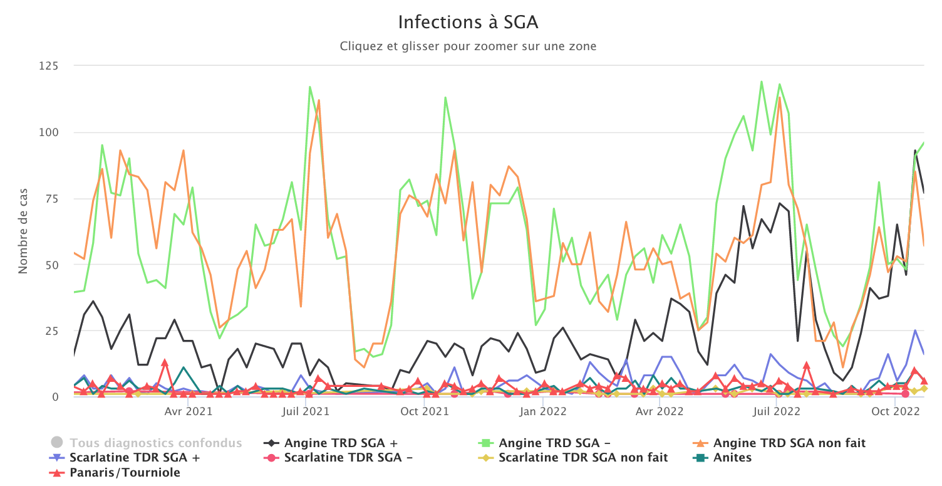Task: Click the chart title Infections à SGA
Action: (x=468, y=23)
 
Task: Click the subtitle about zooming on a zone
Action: (x=468, y=46)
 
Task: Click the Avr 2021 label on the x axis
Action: (x=189, y=412)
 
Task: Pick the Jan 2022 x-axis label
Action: (x=543, y=412)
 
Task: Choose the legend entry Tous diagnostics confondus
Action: (x=155, y=443)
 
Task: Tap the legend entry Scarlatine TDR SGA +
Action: (x=135, y=458)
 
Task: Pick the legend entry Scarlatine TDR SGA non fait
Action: (x=583, y=458)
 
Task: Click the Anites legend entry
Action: (x=732, y=458)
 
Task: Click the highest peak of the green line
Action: (x=762, y=82)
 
